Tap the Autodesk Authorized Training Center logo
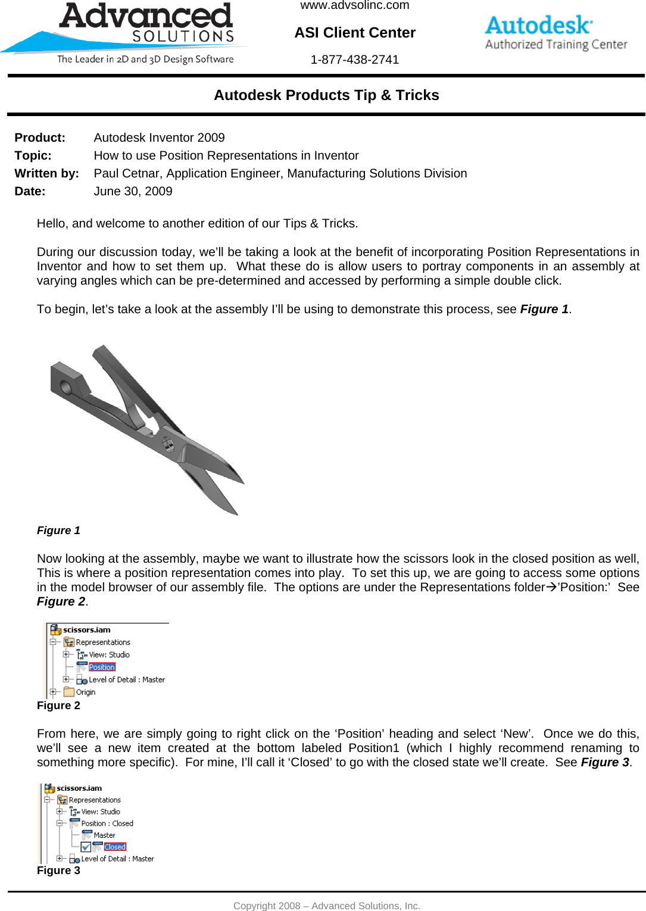click(x=556, y=33)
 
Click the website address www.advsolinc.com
click(x=354, y=6)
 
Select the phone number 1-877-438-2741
click(x=354, y=60)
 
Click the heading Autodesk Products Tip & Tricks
click(x=326, y=95)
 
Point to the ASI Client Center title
click(x=355, y=33)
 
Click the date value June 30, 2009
click(x=133, y=191)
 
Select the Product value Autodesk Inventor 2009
click(x=159, y=138)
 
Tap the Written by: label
click(x=46, y=173)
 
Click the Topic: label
click(x=33, y=155)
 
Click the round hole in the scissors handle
click(x=65, y=388)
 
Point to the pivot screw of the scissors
click(x=168, y=444)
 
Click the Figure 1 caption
click(x=58, y=531)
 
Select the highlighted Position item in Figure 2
click(x=102, y=667)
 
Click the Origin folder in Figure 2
click(x=85, y=692)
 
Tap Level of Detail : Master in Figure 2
click(x=126, y=679)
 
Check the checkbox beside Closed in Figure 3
click(x=86, y=847)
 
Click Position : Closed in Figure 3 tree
click(x=107, y=823)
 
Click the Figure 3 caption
click(x=58, y=871)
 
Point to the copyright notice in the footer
click(x=326, y=906)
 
